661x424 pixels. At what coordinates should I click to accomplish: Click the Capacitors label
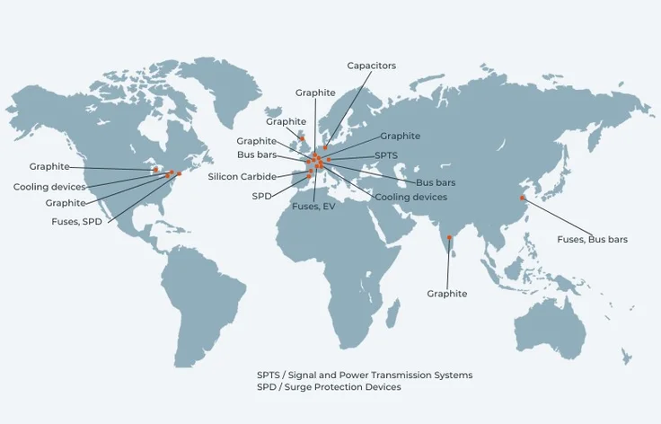pyautogui.click(x=371, y=66)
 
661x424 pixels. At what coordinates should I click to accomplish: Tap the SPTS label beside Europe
pyautogui.click(x=386, y=155)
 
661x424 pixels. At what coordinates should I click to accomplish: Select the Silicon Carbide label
pyautogui.click(x=242, y=177)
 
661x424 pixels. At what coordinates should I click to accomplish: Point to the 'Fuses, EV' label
pyautogui.click(x=314, y=207)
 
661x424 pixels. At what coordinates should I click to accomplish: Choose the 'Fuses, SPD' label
pyautogui.click(x=76, y=220)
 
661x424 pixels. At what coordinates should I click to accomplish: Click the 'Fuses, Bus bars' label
pyautogui.click(x=592, y=239)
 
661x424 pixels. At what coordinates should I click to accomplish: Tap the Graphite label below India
pyautogui.click(x=446, y=294)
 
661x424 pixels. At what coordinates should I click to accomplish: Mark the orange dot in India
pyautogui.click(x=449, y=238)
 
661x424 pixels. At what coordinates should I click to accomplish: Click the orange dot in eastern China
pyautogui.click(x=522, y=198)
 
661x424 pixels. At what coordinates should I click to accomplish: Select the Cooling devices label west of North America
pyautogui.click(x=49, y=187)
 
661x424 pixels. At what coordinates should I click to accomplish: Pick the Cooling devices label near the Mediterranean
pyautogui.click(x=410, y=197)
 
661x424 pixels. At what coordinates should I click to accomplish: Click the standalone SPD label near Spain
pyautogui.click(x=261, y=194)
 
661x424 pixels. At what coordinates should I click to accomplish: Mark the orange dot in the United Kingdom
pyautogui.click(x=303, y=138)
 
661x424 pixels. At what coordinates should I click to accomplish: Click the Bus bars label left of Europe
pyautogui.click(x=256, y=155)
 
